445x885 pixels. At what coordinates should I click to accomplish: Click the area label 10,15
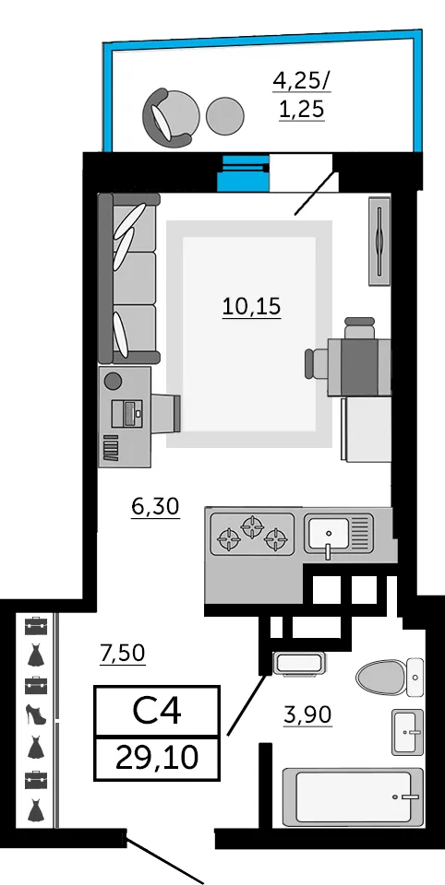[x=252, y=308]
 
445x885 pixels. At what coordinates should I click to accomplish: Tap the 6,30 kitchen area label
[x=155, y=506]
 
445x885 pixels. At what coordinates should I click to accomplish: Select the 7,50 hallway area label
[x=123, y=653]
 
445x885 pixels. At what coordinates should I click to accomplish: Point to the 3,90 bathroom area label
[x=308, y=715]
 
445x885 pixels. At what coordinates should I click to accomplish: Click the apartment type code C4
[x=157, y=711]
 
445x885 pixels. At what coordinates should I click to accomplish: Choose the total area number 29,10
[x=157, y=757]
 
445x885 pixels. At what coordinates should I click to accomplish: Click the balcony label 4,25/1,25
[x=302, y=95]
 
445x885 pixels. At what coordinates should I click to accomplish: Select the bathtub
[x=353, y=796]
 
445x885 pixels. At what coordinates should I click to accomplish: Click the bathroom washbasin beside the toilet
[x=407, y=732]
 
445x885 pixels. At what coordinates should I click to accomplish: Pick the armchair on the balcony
[x=172, y=116]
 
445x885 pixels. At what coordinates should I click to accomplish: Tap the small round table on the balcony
[x=225, y=116]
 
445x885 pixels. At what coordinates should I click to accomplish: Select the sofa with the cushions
[x=128, y=278]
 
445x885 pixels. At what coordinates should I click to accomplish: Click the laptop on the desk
[x=128, y=413]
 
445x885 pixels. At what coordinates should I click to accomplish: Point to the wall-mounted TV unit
[x=379, y=241]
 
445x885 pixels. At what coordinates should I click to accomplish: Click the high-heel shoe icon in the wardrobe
[x=36, y=714]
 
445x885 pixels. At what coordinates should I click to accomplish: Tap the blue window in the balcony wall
[x=244, y=173]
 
